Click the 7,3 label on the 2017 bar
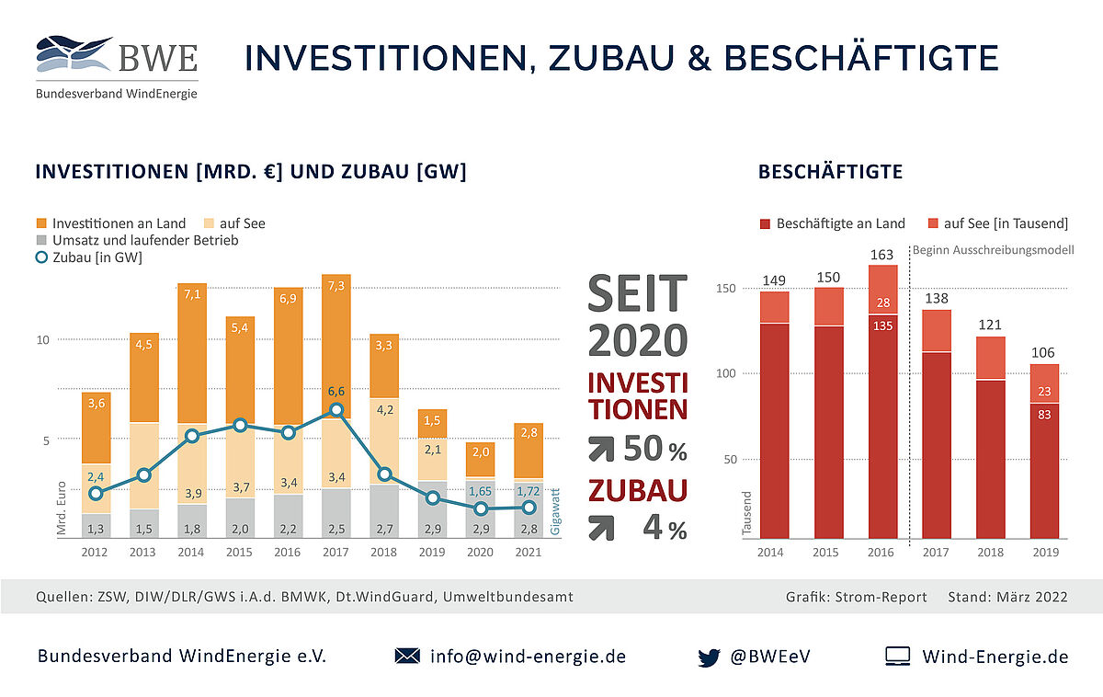point(336,286)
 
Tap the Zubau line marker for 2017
point(336,410)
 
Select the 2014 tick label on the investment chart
point(192,553)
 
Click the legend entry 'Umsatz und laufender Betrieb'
point(137,241)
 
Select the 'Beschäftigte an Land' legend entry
point(832,223)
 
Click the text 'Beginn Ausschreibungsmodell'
point(993,249)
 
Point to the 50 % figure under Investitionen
point(654,448)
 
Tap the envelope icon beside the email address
point(406,657)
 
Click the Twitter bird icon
point(708,657)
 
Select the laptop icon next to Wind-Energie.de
point(897,657)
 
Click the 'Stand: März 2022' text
point(1007,597)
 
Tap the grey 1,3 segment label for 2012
point(95,528)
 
